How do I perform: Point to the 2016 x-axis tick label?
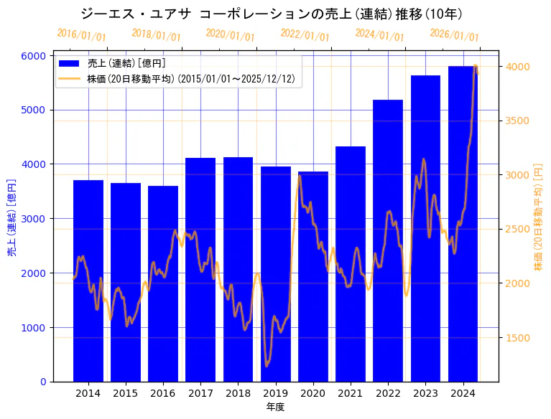(163, 393)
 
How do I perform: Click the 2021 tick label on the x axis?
(351, 393)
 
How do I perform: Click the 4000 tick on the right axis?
(519, 67)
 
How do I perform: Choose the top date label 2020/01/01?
(230, 35)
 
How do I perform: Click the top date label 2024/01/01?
(379, 35)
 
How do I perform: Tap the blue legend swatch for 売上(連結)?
(70, 64)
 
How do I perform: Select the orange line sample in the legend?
(70, 78)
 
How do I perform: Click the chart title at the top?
(272, 14)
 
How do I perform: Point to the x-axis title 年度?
(275, 407)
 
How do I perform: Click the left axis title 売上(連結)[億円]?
(11, 218)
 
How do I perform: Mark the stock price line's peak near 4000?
(476, 65)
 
